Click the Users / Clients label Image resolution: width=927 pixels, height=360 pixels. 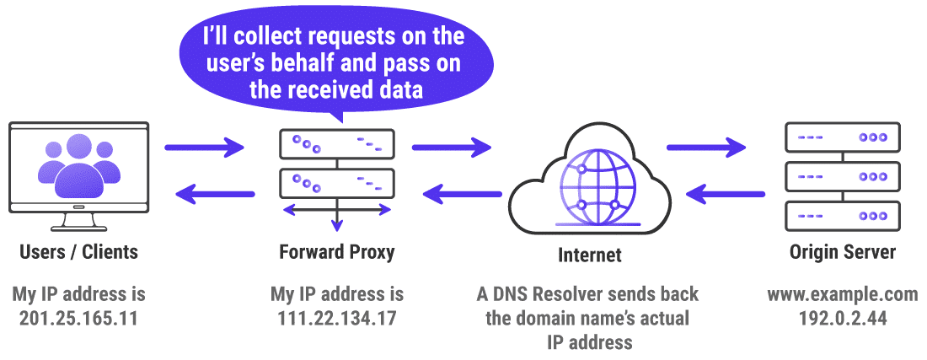tap(79, 251)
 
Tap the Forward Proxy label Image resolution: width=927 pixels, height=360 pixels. tap(336, 251)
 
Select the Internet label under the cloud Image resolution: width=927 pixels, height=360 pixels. tap(590, 255)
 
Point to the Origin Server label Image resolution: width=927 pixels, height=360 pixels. tap(842, 251)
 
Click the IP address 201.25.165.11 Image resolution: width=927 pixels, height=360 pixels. tap(79, 319)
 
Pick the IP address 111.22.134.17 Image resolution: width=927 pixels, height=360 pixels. tap(336, 319)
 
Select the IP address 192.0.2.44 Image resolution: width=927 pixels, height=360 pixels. tap(842, 319)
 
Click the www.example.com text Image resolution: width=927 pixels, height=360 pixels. tap(842, 295)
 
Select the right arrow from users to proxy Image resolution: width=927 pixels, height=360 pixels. tap(204, 148)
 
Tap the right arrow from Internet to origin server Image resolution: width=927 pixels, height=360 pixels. tap(707, 148)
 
